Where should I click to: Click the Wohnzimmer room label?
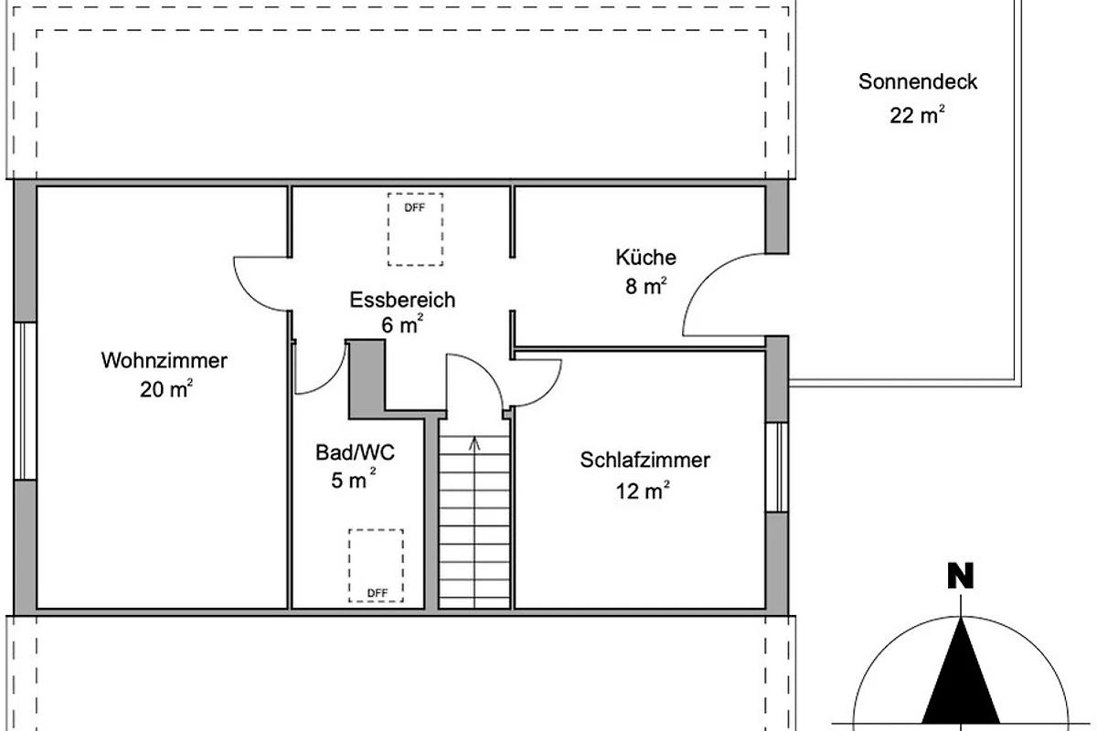pos(164,361)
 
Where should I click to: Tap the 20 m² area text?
pos(166,388)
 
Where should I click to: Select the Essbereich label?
pos(402,300)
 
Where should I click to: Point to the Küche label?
pos(646,257)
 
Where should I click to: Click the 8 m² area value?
pos(646,286)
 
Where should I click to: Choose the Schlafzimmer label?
pos(645,460)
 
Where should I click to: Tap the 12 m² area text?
pos(643,490)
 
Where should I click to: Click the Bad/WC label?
pos(355,452)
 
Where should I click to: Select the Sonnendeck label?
pos(918,81)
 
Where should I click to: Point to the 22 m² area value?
pos(917,115)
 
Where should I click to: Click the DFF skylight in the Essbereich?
pos(415,229)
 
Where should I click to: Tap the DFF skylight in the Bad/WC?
pos(376,566)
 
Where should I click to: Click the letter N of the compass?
pos(961,577)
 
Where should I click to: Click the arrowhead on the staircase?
pos(474,443)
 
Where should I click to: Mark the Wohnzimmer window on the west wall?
pos(25,401)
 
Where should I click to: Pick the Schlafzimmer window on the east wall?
pos(777,467)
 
